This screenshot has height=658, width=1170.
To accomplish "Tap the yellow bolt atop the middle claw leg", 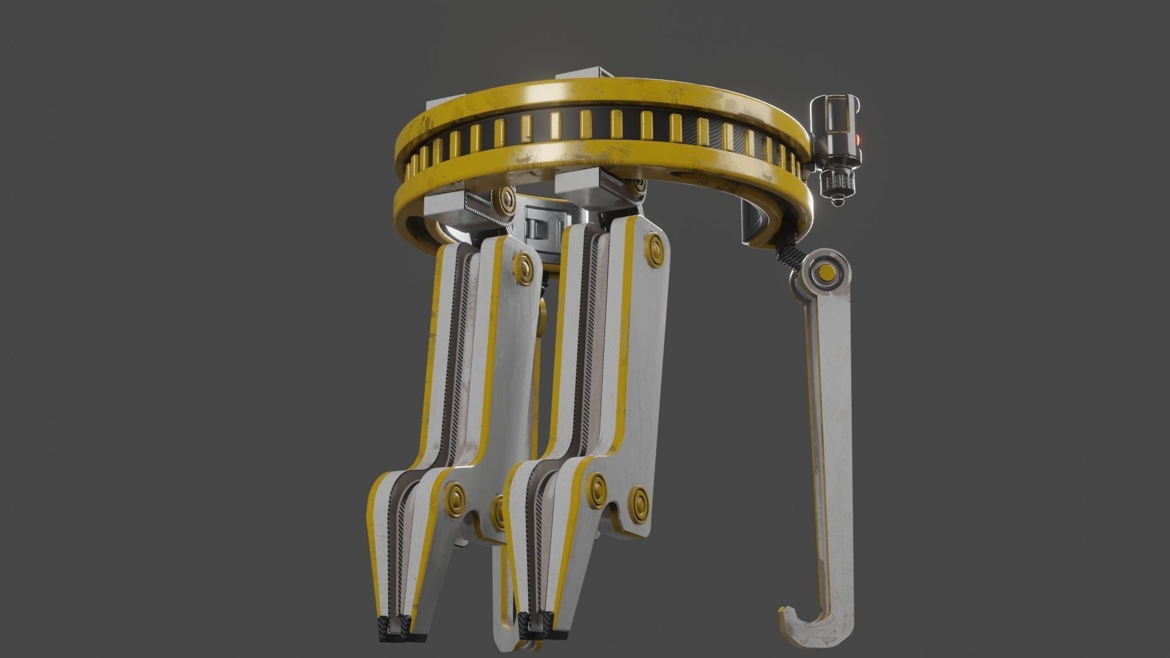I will (656, 249).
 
